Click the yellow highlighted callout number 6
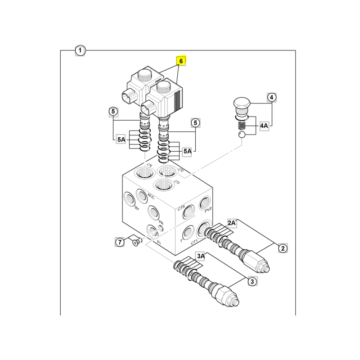click(181, 60)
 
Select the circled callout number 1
click(80, 50)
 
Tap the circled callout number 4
click(272, 97)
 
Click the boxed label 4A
click(264, 126)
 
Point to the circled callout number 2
click(283, 247)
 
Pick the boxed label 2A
click(232, 223)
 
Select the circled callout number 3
click(252, 282)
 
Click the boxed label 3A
click(200, 256)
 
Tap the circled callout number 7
click(120, 242)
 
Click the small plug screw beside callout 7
click(136, 243)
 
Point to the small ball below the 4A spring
click(241, 134)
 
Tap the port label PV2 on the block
click(207, 210)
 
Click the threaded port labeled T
click(188, 233)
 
